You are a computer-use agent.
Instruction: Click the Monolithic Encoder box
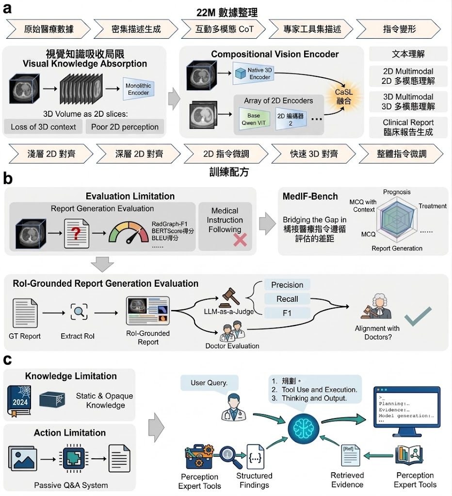pos(138,89)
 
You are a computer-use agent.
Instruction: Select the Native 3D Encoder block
pos(253,74)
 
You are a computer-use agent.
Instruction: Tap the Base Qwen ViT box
pos(254,119)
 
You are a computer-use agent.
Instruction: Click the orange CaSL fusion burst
pos(344,96)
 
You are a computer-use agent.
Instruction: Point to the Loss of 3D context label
pos(43,127)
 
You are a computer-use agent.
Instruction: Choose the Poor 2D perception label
pos(125,127)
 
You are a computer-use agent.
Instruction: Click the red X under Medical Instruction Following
pos(240,240)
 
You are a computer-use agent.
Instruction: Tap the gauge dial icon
pos(129,233)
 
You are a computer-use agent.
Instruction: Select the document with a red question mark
pos(76,233)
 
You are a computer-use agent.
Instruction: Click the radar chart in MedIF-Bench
pos(397,218)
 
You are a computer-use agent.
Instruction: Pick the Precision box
pos(287,285)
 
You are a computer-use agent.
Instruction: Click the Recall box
pos(287,299)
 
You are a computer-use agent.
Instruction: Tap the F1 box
pos(287,313)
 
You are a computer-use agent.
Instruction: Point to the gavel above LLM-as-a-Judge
pos(230,297)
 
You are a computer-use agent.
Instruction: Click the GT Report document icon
pos(25,313)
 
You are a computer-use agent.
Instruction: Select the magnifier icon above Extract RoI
pos(79,312)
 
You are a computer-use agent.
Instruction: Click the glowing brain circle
pos(304,429)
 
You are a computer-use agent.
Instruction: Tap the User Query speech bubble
pos(209,384)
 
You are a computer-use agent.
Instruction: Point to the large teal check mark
pos(418,316)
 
